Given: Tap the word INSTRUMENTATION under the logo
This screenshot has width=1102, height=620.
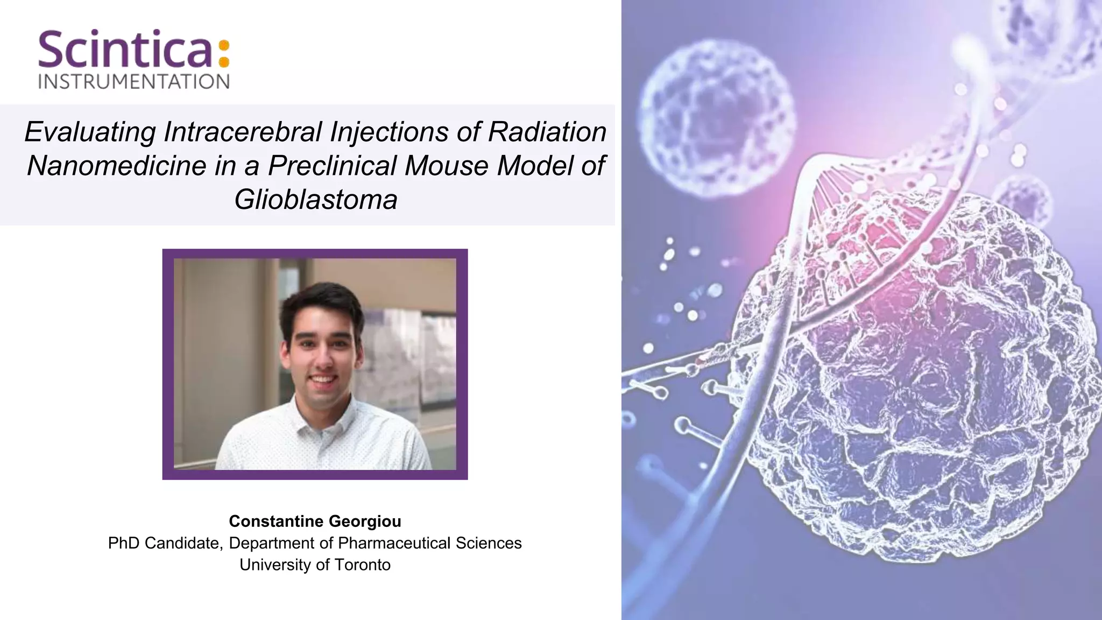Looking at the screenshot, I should click(134, 82).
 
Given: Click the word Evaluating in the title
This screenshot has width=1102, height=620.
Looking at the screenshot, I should click(90, 132).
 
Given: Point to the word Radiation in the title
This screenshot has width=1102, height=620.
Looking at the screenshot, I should click(547, 132).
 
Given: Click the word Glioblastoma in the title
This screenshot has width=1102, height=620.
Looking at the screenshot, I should click(316, 200).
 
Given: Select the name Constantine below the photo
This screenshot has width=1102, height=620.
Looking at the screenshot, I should click(276, 521).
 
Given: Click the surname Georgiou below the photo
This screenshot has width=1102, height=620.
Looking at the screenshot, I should click(365, 521).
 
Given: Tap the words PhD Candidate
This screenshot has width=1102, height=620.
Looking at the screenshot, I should click(164, 543).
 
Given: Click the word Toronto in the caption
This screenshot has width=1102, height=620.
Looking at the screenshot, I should click(362, 565).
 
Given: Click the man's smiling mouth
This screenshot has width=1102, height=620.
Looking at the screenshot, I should click(323, 380).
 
